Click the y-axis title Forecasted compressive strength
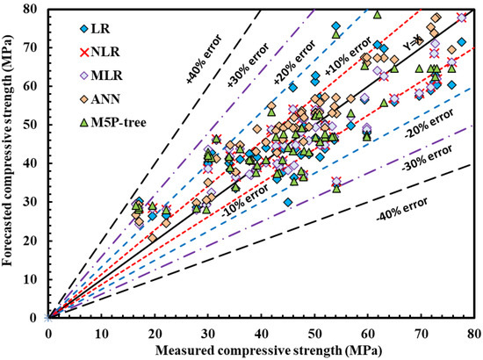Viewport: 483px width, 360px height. point(12,162)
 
